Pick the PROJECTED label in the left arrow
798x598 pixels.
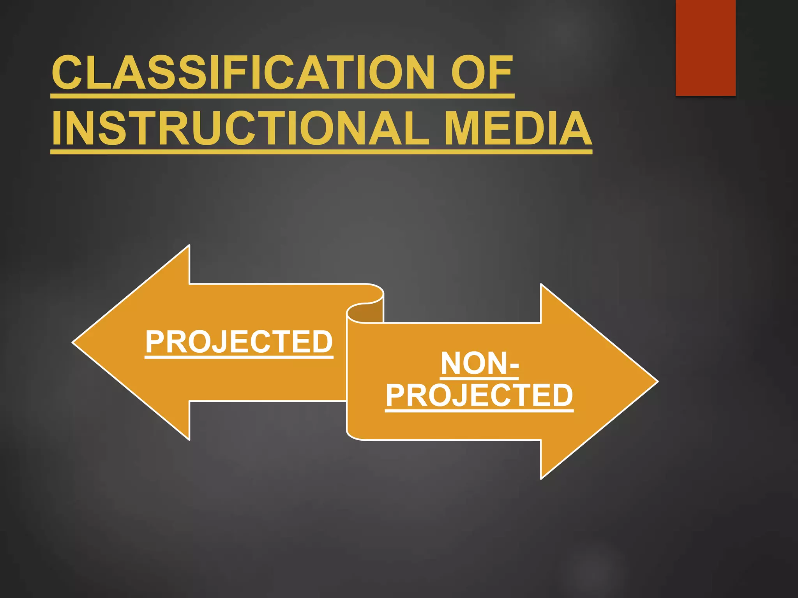(239, 342)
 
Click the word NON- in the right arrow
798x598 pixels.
(479, 364)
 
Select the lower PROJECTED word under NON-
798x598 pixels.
(479, 396)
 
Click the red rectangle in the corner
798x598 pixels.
(705, 47)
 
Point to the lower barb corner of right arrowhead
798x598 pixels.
(541, 477)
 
